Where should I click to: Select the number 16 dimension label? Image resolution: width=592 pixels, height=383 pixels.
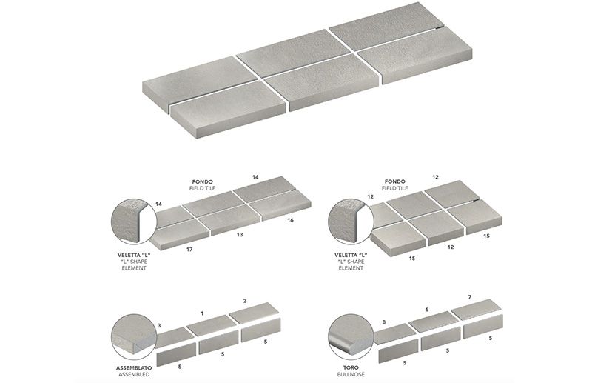click(289, 220)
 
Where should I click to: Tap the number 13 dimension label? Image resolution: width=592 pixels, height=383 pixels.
click(240, 234)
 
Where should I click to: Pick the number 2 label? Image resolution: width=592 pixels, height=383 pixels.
click(244, 299)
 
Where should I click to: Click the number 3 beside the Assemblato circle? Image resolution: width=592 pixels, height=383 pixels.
click(159, 325)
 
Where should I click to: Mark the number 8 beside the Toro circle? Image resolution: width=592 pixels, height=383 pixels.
click(383, 322)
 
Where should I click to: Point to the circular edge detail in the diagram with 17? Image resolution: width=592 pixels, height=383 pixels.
click(132, 221)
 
